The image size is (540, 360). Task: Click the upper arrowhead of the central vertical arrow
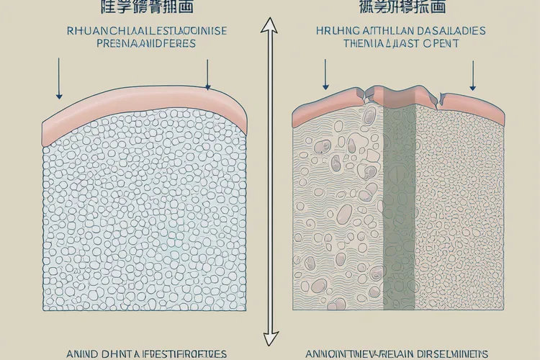pos(271,25)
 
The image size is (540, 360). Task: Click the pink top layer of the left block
pos(144,115)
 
